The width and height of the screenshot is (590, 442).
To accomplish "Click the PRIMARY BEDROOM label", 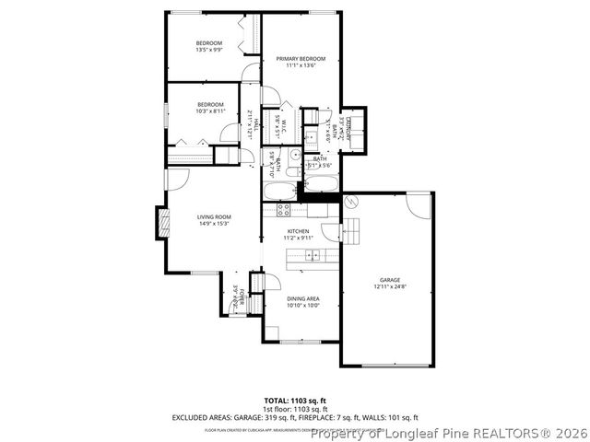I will tap(301, 59).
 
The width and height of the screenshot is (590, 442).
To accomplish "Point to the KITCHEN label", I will tap(298, 231).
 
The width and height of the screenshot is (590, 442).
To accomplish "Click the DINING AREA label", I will tap(302, 299).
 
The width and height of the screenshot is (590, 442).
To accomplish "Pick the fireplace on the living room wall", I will tap(164, 222).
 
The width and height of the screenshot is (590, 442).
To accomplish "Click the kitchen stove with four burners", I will tap(285, 209).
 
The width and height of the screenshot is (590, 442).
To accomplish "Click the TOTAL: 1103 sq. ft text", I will tap(294, 401).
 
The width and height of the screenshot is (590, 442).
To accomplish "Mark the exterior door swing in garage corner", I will tap(419, 205).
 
